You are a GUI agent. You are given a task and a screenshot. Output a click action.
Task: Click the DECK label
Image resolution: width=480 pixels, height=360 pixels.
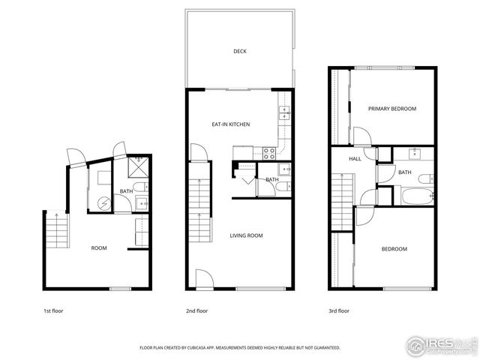tap(240, 52)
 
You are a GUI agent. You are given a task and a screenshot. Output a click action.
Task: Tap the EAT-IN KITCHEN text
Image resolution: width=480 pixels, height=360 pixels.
tap(230, 124)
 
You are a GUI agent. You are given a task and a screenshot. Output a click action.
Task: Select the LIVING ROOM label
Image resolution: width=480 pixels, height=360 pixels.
tap(246, 235)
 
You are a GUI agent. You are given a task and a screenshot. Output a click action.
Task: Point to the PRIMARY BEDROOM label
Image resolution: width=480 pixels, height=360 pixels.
tap(391, 109)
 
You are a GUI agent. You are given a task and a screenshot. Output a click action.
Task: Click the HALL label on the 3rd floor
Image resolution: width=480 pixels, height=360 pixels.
tap(355, 159)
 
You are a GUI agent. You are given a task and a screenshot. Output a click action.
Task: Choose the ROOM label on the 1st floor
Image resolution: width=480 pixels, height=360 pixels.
tap(99, 248)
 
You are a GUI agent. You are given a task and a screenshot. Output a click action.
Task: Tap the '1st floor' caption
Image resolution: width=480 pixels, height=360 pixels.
tap(53, 310)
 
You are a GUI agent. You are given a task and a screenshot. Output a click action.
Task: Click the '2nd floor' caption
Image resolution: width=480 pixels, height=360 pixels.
tap(196, 310)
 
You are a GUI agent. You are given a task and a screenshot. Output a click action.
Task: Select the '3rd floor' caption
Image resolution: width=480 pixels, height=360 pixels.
tap(338, 310)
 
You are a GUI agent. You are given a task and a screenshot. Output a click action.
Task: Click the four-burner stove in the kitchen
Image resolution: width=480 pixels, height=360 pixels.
tap(268, 153)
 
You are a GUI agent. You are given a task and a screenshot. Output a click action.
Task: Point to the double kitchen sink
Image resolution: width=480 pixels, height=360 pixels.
tap(285, 114)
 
